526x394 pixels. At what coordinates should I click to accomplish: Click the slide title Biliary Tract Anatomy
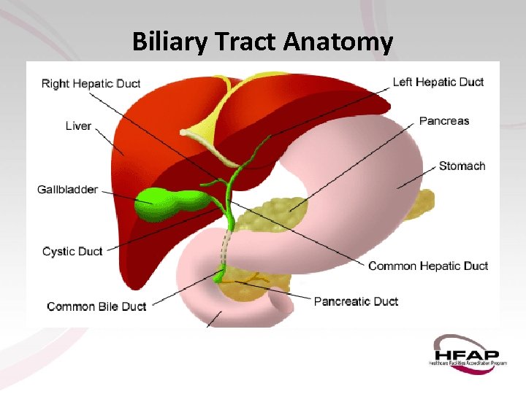pyautogui.click(x=262, y=42)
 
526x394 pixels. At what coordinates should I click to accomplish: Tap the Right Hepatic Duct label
pyautogui.click(x=91, y=83)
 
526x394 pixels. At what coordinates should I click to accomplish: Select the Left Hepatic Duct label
pyautogui.click(x=438, y=82)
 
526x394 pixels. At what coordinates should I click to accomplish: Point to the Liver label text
pyautogui.click(x=78, y=126)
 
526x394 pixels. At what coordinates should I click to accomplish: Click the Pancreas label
pyautogui.click(x=443, y=121)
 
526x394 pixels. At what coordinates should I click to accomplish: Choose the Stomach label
pyautogui.click(x=462, y=166)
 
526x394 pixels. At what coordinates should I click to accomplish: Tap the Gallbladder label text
pyautogui.click(x=67, y=190)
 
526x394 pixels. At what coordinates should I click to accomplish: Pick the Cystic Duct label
pyautogui.click(x=72, y=252)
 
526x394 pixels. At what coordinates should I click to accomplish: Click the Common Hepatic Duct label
pyautogui.click(x=427, y=266)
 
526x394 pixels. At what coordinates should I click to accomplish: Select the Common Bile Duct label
pyautogui.click(x=96, y=306)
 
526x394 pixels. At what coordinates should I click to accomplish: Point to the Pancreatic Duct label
pyautogui.click(x=356, y=301)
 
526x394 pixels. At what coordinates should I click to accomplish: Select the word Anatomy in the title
pyautogui.click(x=338, y=42)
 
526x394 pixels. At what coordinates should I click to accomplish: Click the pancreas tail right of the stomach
pyautogui.click(x=419, y=206)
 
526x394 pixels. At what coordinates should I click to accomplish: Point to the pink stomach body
pyautogui.click(x=365, y=190)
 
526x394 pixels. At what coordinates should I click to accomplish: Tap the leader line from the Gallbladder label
pyautogui.click(x=117, y=192)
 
